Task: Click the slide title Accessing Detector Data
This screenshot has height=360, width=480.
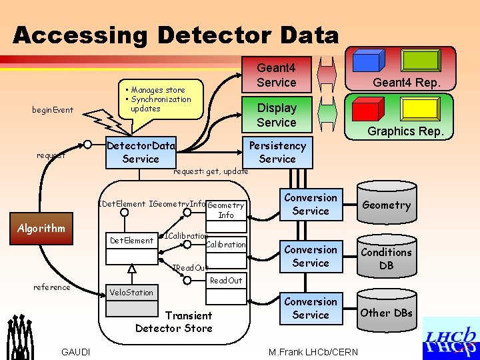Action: [176, 35]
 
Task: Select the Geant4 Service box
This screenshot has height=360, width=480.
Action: [276, 75]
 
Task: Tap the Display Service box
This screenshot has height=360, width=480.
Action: [276, 115]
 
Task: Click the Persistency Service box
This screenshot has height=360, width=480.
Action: [277, 152]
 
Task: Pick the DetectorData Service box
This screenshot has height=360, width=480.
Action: [141, 152]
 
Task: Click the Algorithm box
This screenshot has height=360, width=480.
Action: [41, 228]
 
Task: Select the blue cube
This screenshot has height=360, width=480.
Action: [366, 61]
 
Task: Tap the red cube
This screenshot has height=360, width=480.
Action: [366, 109]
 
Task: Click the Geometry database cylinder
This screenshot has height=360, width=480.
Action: [386, 205]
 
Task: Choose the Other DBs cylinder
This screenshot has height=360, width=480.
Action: [386, 311]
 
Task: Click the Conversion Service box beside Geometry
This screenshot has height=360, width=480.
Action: [311, 204]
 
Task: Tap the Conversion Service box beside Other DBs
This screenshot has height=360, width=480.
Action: [311, 308]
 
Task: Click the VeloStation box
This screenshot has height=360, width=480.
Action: [131, 292]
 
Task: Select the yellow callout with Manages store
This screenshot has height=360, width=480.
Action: [161, 99]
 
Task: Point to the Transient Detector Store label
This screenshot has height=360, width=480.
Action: [173, 321]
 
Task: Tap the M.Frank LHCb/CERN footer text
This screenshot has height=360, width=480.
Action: [313, 352]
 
